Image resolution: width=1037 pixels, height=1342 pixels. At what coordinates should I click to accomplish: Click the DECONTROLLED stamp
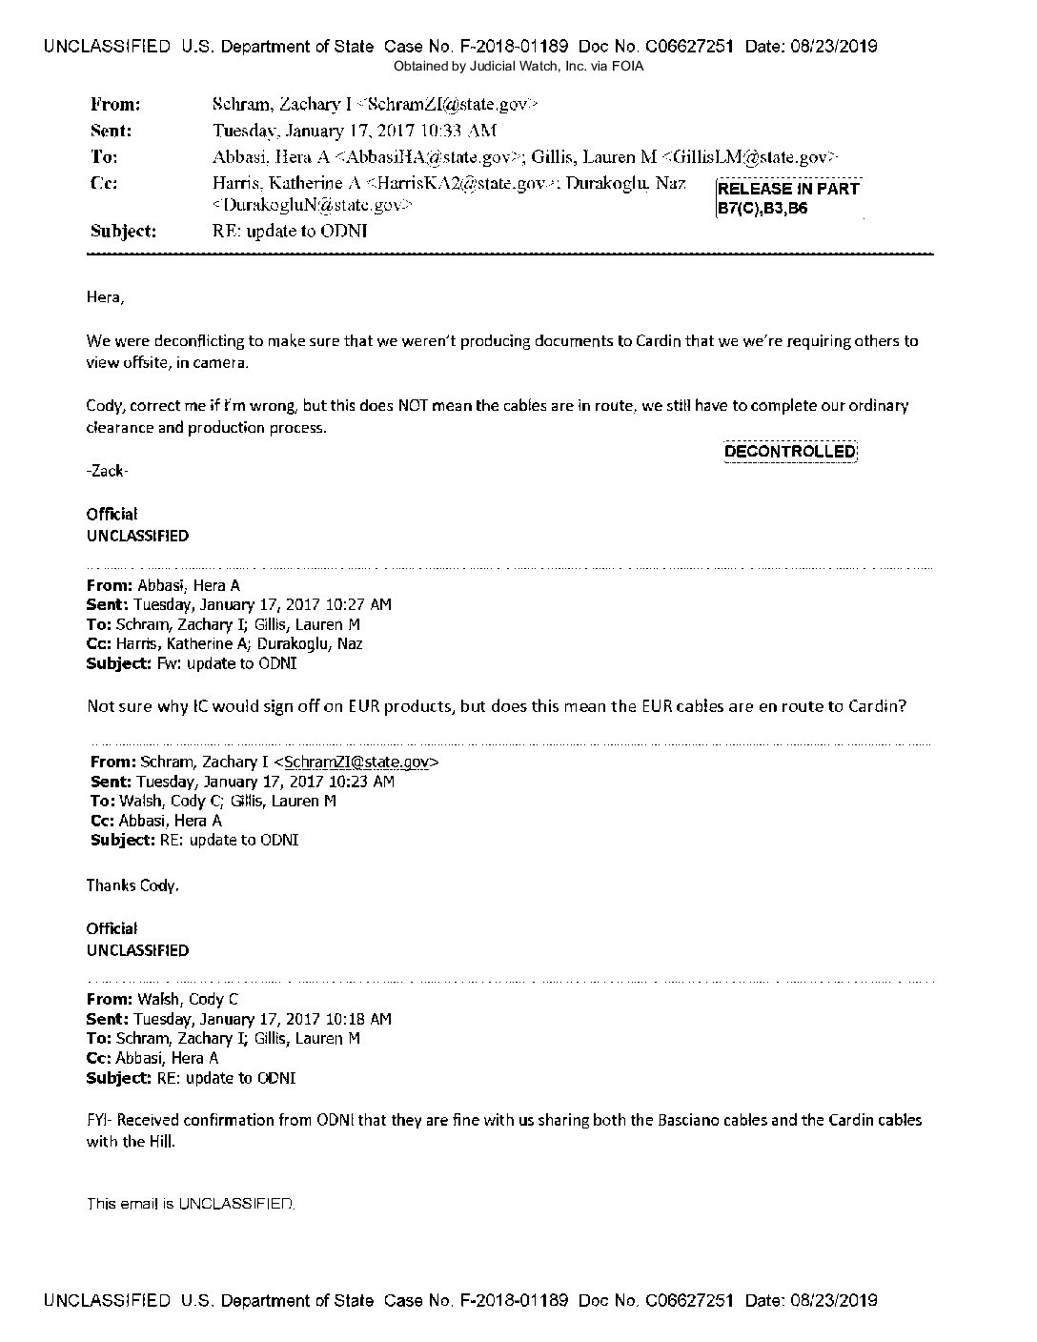[x=790, y=451]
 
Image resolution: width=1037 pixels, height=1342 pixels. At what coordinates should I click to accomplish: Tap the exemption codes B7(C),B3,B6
[x=762, y=208]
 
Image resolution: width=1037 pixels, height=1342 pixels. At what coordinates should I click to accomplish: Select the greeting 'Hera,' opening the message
[x=105, y=297]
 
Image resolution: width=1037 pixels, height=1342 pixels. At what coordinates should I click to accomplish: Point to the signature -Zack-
[x=107, y=471]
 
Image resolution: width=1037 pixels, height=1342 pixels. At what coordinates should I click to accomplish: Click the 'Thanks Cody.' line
[x=132, y=885]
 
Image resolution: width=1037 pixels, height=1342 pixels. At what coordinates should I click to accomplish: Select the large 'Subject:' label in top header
[x=123, y=230]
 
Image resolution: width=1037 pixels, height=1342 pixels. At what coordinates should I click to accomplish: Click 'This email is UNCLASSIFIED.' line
[x=191, y=1204]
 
